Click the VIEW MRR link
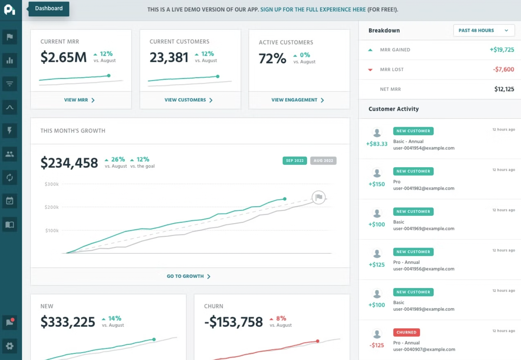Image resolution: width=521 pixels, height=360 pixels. (79, 100)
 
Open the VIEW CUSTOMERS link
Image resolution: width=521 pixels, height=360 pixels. (188, 100)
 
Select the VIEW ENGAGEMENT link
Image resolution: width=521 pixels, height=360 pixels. (297, 100)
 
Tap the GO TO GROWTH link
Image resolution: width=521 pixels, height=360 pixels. (188, 276)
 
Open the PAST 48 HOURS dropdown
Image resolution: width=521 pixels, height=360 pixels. (484, 30)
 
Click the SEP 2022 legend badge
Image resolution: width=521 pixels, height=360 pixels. (295, 160)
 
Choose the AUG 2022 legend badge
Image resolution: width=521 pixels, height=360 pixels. (323, 160)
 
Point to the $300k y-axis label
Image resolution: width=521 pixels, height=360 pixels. (52, 184)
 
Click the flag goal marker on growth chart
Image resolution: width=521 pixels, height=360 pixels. (318, 197)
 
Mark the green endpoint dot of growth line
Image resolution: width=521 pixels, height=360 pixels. (285, 199)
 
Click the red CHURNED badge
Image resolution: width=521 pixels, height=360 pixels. (406, 332)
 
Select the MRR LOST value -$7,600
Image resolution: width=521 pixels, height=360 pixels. (503, 69)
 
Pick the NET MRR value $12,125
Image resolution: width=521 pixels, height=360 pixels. (504, 89)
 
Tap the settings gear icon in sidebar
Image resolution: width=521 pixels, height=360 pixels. (10, 346)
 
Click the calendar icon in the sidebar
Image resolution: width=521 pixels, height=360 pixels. (10, 201)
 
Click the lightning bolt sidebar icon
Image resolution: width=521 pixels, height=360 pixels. (10, 131)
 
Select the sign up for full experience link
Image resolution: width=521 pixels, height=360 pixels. (313, 9)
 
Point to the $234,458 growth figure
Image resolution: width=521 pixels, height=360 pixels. (69, 163)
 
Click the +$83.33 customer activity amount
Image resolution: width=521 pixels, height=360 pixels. (377, 144)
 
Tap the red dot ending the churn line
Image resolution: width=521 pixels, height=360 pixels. (317, 341)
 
